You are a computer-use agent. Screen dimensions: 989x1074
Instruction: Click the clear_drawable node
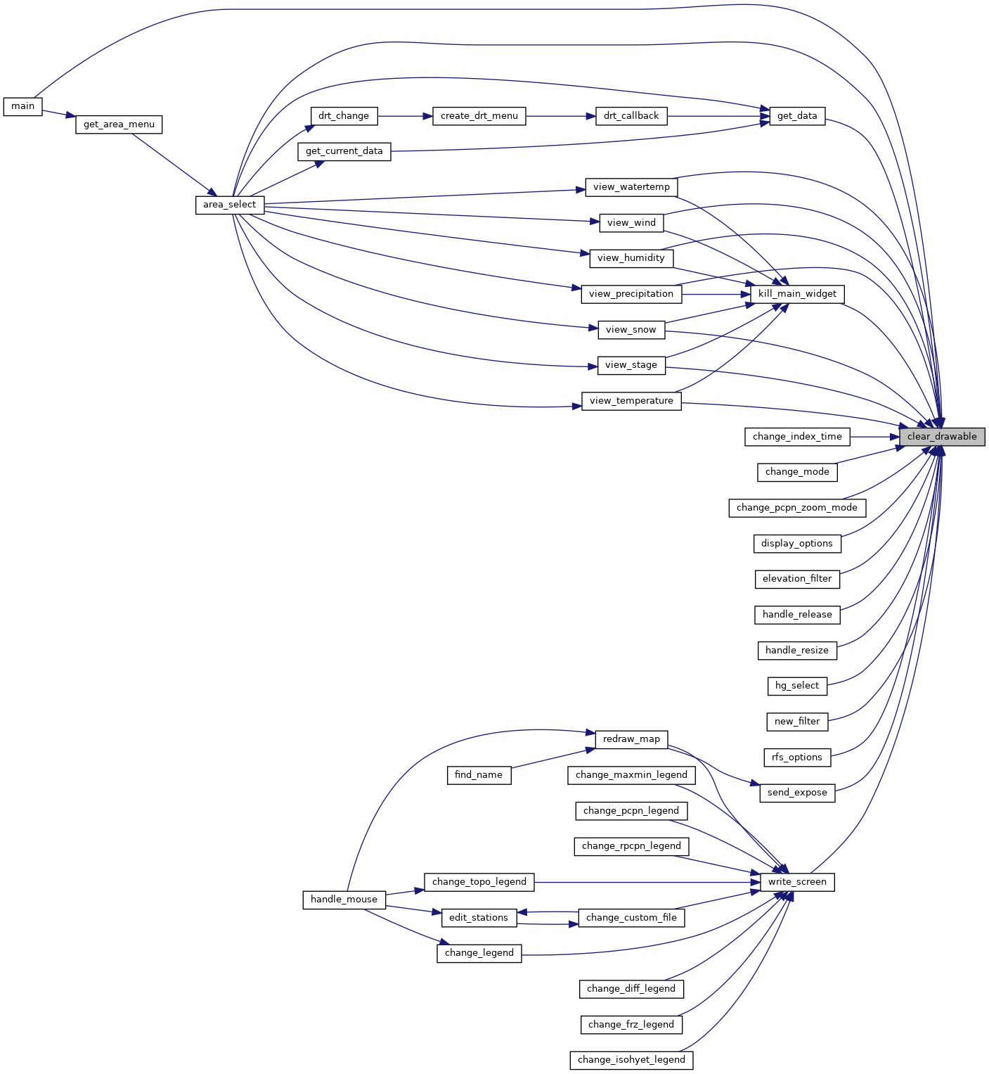942,437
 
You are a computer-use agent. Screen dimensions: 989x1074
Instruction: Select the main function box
23,106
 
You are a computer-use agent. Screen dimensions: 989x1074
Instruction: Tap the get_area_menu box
119,124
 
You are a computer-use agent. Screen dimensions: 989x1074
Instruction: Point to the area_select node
230,205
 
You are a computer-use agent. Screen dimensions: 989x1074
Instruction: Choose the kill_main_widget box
797,294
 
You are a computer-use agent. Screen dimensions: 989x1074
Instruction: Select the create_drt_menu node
479,116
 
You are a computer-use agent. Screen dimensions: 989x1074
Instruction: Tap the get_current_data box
344,151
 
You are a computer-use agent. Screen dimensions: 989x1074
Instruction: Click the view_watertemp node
631,187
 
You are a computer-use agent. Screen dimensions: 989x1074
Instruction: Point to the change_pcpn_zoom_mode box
797,508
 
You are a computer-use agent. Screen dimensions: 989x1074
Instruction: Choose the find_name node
479,775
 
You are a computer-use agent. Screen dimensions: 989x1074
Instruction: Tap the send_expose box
797,793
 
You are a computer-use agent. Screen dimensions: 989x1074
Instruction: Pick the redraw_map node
631,739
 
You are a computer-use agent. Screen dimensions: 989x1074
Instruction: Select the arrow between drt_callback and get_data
718,116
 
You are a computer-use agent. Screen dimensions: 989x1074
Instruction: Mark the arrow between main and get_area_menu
59,114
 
